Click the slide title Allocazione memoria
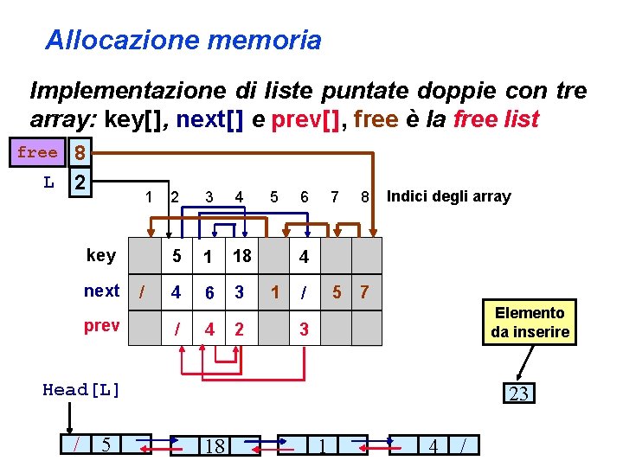[x=183, y=40]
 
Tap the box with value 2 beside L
[x=80, y=183]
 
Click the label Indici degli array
[x=448, y=196]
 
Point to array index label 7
[x=335, y=197]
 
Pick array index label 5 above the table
[x=274, y=197]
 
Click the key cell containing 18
[x=241, y=256]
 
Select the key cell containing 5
[x=177, y=256]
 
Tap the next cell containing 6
[x=209, y=292]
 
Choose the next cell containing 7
[x=364, y=292]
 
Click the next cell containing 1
[x=274, y=292]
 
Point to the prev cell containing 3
[x=304, y=329]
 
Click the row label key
[x=101, y=255]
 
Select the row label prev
[x=101, y=328]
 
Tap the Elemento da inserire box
[x=530, y=323]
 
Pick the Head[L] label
[x=81, y=390]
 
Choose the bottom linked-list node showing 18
[x=214, y=446]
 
